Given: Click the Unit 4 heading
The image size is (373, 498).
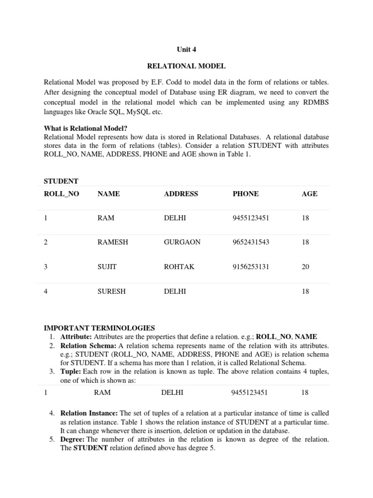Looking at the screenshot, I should tap(186, 49).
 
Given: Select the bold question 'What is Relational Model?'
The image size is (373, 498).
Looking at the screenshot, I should tap(85, 128).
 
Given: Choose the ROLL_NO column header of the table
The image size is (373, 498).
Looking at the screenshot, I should tap(61, 194).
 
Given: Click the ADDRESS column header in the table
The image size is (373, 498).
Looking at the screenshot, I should tap(181, 194).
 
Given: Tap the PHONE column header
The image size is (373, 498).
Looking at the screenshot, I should tap(245, 194).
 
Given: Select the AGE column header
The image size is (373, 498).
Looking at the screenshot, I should tap(309, 194).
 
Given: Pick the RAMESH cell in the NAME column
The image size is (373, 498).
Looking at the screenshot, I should tap(113, 242).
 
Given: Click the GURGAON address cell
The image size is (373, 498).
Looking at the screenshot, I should tap(182, 242).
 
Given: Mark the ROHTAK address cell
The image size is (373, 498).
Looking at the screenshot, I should tap(178, 267).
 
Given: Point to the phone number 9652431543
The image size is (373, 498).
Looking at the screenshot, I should tap(251, 242).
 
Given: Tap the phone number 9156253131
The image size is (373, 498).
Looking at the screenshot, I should tap(251, 267).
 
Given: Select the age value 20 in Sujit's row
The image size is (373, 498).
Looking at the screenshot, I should tap(305, 267).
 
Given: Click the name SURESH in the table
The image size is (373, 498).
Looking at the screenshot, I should tap(112, 291).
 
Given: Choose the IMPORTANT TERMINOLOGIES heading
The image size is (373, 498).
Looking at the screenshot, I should tap(99, 328).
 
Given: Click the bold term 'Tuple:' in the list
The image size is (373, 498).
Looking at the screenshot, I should tap(71, 372).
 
